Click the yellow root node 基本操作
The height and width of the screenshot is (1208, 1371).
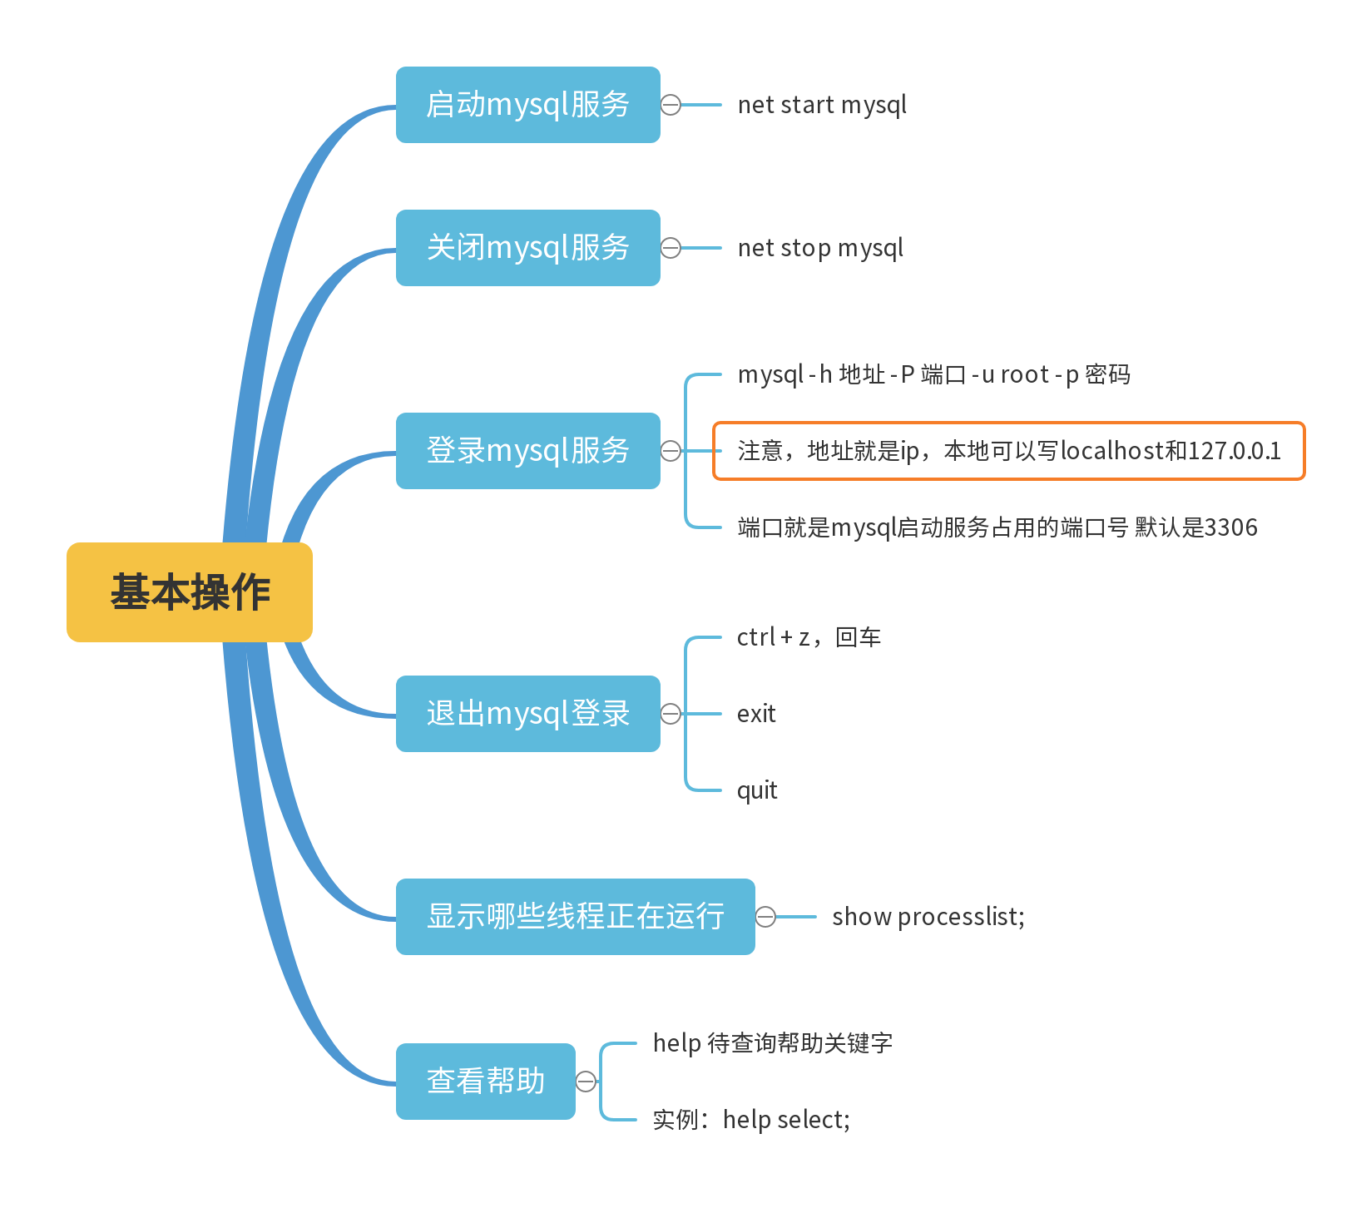click(x=190, y=592)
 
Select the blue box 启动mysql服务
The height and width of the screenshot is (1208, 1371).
click(x=527, y=105)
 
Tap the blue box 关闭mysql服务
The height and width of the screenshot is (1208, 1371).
click(x=527, y=248)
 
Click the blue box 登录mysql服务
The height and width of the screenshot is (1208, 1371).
click(x=527, y=451)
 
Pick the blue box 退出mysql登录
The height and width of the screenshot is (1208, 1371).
click(x=527, y=714)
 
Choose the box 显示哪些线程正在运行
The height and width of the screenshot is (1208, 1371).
click(x=575, y=917)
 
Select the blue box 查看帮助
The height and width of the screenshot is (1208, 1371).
click(x=485, y=1082)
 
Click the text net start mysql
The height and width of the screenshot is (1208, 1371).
click(x=822, y=105)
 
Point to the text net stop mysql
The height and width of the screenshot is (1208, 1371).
click(x=820, y=248)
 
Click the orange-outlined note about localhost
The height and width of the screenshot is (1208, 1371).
click(x=1008, y=451)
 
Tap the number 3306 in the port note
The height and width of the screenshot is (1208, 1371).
click(x=1230, y=527)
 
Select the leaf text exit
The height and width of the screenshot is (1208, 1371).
click(x=756, y=714)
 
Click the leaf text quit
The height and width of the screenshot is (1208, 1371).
click(x=757, y=790)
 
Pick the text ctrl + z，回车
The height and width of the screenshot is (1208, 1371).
click(x=809, y=637)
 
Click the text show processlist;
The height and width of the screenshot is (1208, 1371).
click(x=928, y=917)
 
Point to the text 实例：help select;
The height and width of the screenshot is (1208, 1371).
click(x=751, y=1120)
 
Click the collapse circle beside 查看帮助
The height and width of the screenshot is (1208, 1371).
click(x=587, y=1082)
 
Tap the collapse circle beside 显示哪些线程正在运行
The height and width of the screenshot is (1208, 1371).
click(x=765, y=917)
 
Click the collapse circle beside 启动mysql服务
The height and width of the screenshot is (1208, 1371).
click(x=671, y=105)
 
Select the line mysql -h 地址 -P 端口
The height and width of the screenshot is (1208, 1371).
click(x=933, y=374)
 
